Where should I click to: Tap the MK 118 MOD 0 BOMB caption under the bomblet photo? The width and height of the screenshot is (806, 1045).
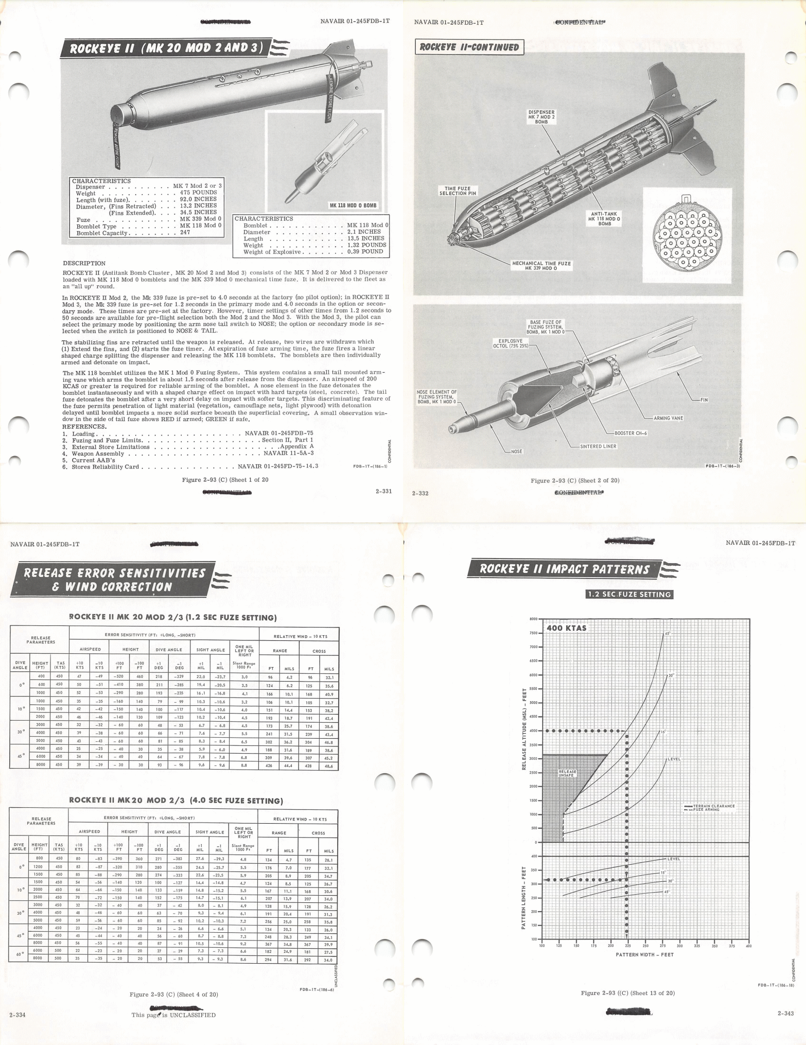(353, 205)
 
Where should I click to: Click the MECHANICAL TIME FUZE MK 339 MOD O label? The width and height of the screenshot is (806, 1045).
(541, 266)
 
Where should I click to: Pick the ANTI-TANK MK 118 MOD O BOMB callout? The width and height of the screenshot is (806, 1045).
(605, 218)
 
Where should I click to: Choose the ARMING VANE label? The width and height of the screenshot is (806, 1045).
(668, 418)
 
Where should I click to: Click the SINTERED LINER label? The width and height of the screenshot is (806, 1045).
(598, 446)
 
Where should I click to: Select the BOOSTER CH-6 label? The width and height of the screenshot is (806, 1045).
(630, 433)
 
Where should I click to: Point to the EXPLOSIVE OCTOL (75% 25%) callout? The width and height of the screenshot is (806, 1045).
(507, 343)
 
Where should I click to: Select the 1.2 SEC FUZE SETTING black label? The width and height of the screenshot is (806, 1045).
(629, 594)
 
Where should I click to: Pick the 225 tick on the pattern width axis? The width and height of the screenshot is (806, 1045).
(627, 946)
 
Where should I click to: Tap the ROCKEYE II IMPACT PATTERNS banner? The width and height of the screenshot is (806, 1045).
(564, 569)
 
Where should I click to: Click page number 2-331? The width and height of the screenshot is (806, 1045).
(383, 491)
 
